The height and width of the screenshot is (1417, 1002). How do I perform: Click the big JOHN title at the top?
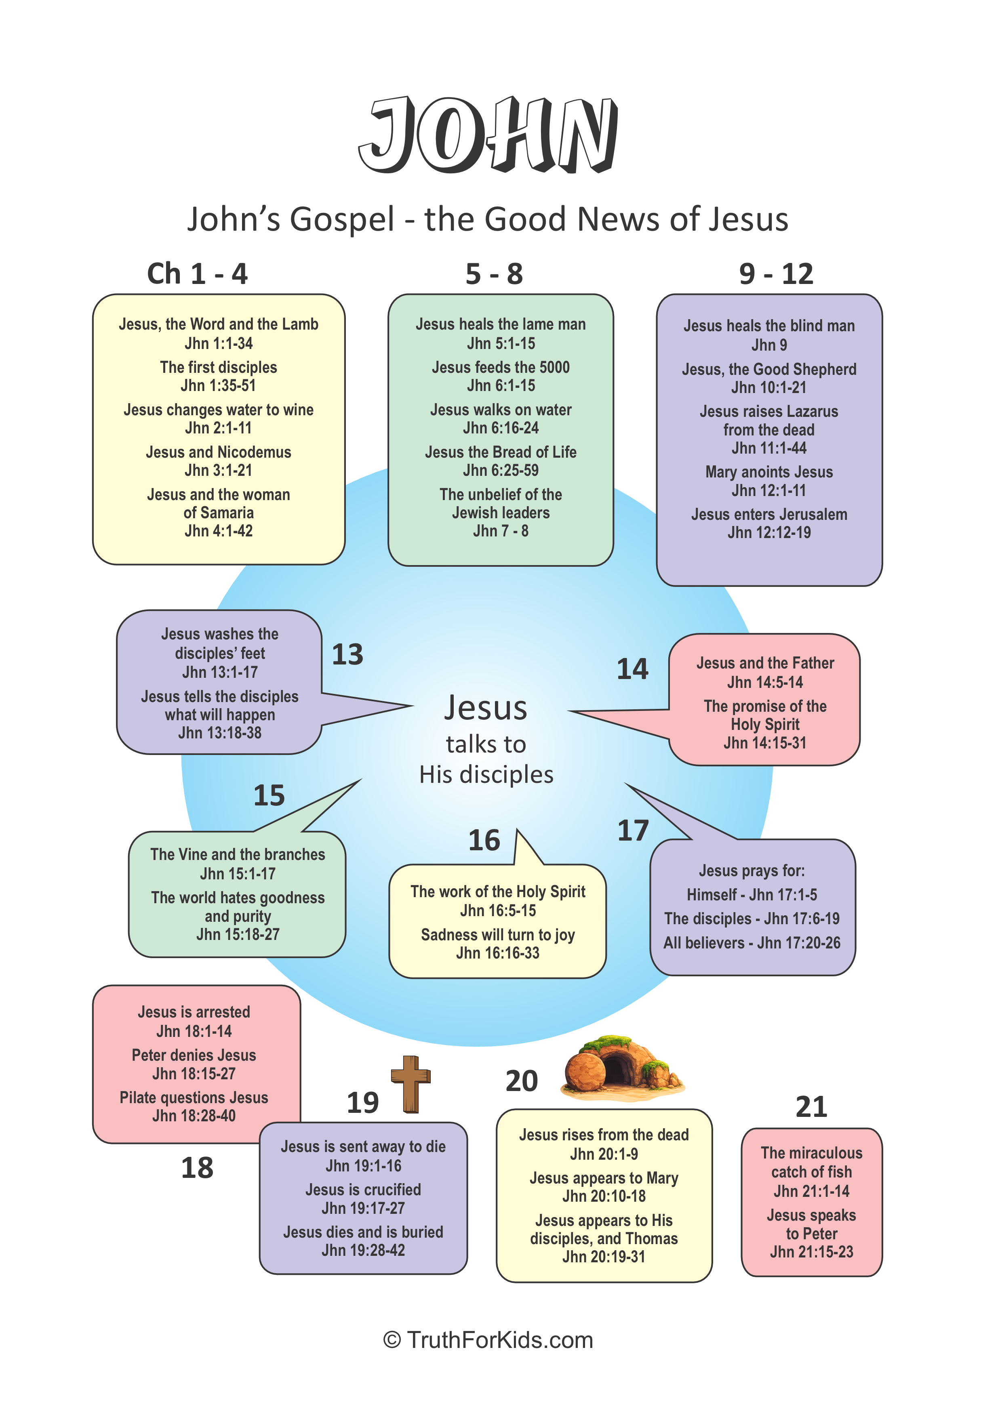click(488, 135)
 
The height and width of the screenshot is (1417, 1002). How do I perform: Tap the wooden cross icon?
click(410, 1084)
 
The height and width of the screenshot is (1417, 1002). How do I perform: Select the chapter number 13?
click(347, 654)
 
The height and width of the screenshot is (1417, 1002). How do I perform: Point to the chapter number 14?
click(632, 669)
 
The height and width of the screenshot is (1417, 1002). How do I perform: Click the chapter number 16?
click(484, 841)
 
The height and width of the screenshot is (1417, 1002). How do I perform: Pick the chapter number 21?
click(811, 1107)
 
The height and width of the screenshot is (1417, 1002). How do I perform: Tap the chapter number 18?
click(197, 1168)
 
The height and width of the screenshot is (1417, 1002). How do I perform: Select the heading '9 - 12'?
click(776, 274)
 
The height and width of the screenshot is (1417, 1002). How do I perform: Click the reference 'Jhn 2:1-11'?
click(219, 428)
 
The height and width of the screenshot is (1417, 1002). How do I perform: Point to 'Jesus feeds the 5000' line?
click(501, 367)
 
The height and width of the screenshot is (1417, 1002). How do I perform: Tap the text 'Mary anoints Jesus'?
click(769, 472)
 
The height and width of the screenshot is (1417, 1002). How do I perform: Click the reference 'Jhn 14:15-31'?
click(765, 743)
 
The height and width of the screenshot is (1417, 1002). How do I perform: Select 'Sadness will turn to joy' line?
click(498, 935)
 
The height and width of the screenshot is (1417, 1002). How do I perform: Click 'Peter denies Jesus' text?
click(194, 1055)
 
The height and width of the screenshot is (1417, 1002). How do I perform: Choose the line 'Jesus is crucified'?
click(363, 1190)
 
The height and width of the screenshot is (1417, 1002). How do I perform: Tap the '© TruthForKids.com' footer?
click(488, 1341)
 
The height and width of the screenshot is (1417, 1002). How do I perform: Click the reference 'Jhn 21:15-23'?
click(811, 1252)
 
